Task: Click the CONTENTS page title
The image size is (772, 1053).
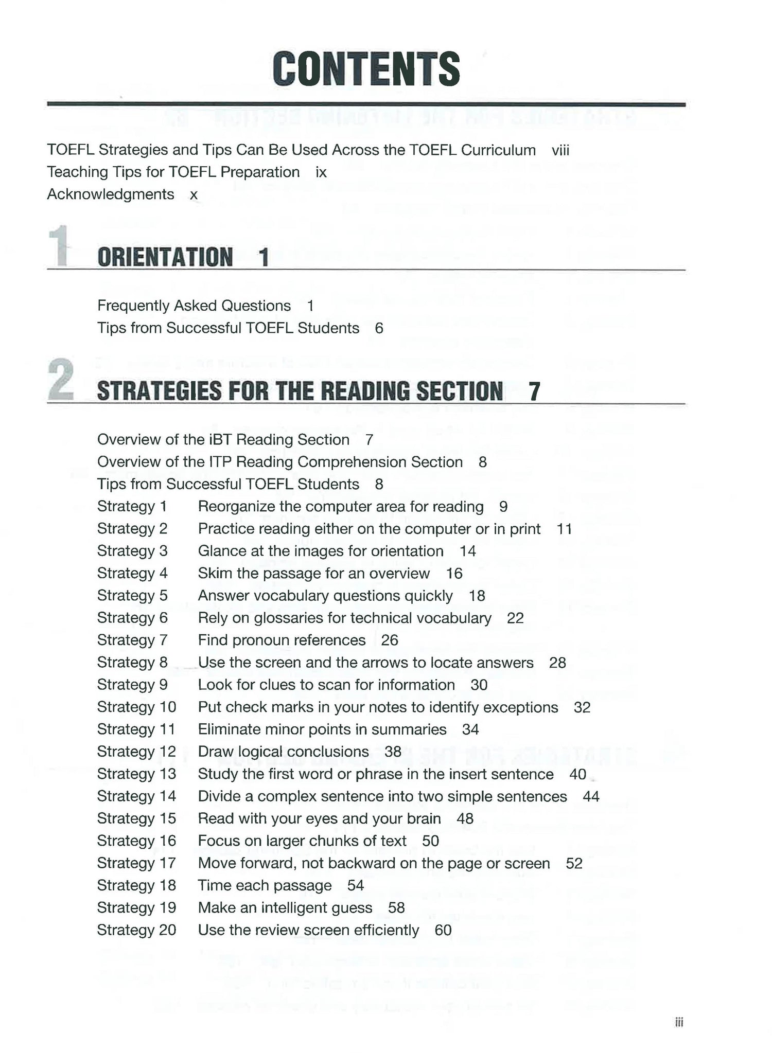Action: coord(366,69)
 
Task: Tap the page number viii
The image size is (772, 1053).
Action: coord(560,150)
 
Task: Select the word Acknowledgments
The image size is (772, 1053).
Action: coord(111,194)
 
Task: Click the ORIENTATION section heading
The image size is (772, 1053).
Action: coord(165,257)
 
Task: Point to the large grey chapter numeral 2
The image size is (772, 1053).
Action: coord(61,381)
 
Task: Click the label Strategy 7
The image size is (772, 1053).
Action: coord(132,640)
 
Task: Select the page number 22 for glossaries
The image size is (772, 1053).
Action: coord(515,618)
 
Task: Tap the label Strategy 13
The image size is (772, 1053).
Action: coord(136,774)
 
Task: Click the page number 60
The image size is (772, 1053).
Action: coord(443,930)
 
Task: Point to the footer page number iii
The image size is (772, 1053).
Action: coord(679,1023)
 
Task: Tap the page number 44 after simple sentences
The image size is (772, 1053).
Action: coord(591,797)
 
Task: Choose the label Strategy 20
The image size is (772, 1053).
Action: coord(136,930)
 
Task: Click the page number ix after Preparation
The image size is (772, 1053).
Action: coord(321,172)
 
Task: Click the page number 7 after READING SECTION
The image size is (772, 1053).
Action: coord(535,392)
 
